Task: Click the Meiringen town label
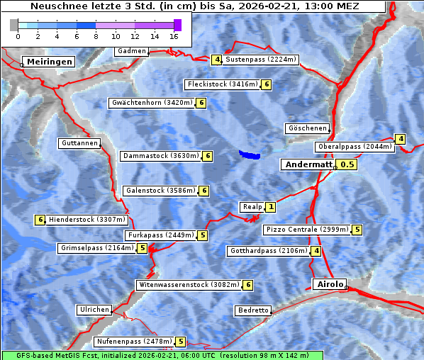point(48,62)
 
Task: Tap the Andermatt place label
point(308,164)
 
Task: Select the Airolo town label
point(330,284)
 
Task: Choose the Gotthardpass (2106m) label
point(268,251)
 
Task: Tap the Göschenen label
point(308,128)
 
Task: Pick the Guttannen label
point(79,143)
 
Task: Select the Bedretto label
point(253,310)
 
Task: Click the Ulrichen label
point(94,310)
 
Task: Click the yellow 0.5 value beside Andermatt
point(347,164)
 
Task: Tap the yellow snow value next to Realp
point(271,207)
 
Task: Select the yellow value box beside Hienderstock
point(40,220)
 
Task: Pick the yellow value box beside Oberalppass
point(401,139)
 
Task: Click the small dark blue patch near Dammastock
point(249,154)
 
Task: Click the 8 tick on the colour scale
point(96,35)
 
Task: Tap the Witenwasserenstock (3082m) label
point(189,285)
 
